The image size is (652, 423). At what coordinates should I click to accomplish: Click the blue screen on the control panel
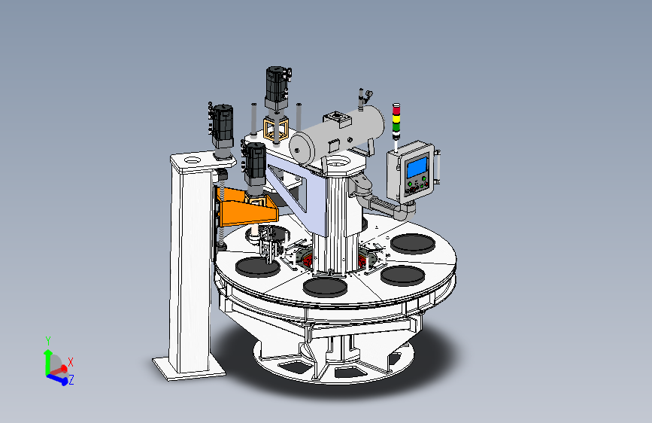click(x=417, y=166)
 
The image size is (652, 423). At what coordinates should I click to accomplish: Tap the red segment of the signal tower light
click(x=396, y=110)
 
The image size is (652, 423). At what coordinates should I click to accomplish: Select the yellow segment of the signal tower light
click(x=396, y=118)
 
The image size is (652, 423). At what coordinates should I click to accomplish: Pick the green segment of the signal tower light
click(x=396, y=126)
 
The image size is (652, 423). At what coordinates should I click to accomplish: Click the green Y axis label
click(x=48, y=342)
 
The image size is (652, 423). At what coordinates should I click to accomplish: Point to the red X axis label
click(x=70, y=362)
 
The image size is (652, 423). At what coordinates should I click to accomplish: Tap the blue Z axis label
click(x=71, y=379)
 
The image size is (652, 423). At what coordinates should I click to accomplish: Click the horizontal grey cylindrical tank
click(x=337, y=136)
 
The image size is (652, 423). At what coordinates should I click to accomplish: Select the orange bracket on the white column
click(x=245, y=207)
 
